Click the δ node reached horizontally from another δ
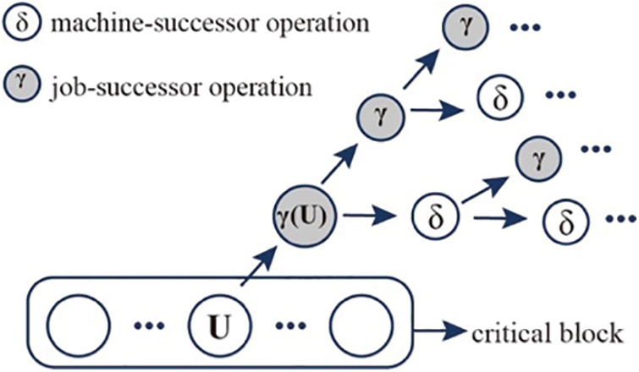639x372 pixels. (563, 223)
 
